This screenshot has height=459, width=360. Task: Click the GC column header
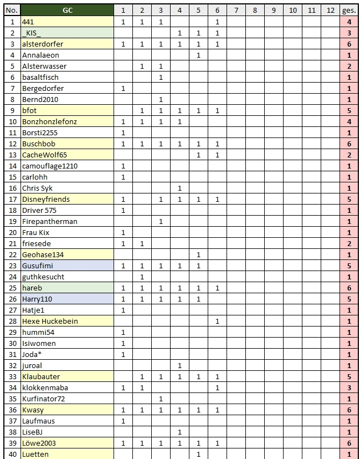pos(67,10)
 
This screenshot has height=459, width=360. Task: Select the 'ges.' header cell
pos(349,10)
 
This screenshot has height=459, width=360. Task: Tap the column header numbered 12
pos(331,10)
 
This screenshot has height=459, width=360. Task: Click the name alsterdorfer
pos(43,44)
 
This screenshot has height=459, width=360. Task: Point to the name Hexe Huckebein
pos(50,321)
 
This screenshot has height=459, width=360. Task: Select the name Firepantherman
pos(50,221)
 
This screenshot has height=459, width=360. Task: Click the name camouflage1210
pos(50,166)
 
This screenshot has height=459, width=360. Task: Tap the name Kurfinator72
pos(44,399)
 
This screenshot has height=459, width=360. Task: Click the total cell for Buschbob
pos(349,144)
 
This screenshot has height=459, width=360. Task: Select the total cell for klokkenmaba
pos(349,387)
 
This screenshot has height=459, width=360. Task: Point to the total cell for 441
pos(349,22)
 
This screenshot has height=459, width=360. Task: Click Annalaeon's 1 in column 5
pos(198,55)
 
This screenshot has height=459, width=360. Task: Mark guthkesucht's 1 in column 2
pos(142,277)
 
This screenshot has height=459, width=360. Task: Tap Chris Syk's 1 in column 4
pos(179,188)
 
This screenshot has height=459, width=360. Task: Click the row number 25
pos(12,288)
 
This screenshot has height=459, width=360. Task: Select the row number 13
pos(12,155)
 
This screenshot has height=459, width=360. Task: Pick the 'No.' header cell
pos(12,10)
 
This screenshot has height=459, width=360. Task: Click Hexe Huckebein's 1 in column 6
pos(217,321)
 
